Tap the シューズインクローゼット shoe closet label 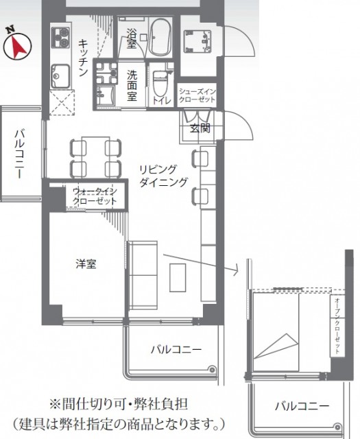coord(197,95)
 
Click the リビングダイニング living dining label coord(163,176)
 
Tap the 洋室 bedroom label coord(86,263)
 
